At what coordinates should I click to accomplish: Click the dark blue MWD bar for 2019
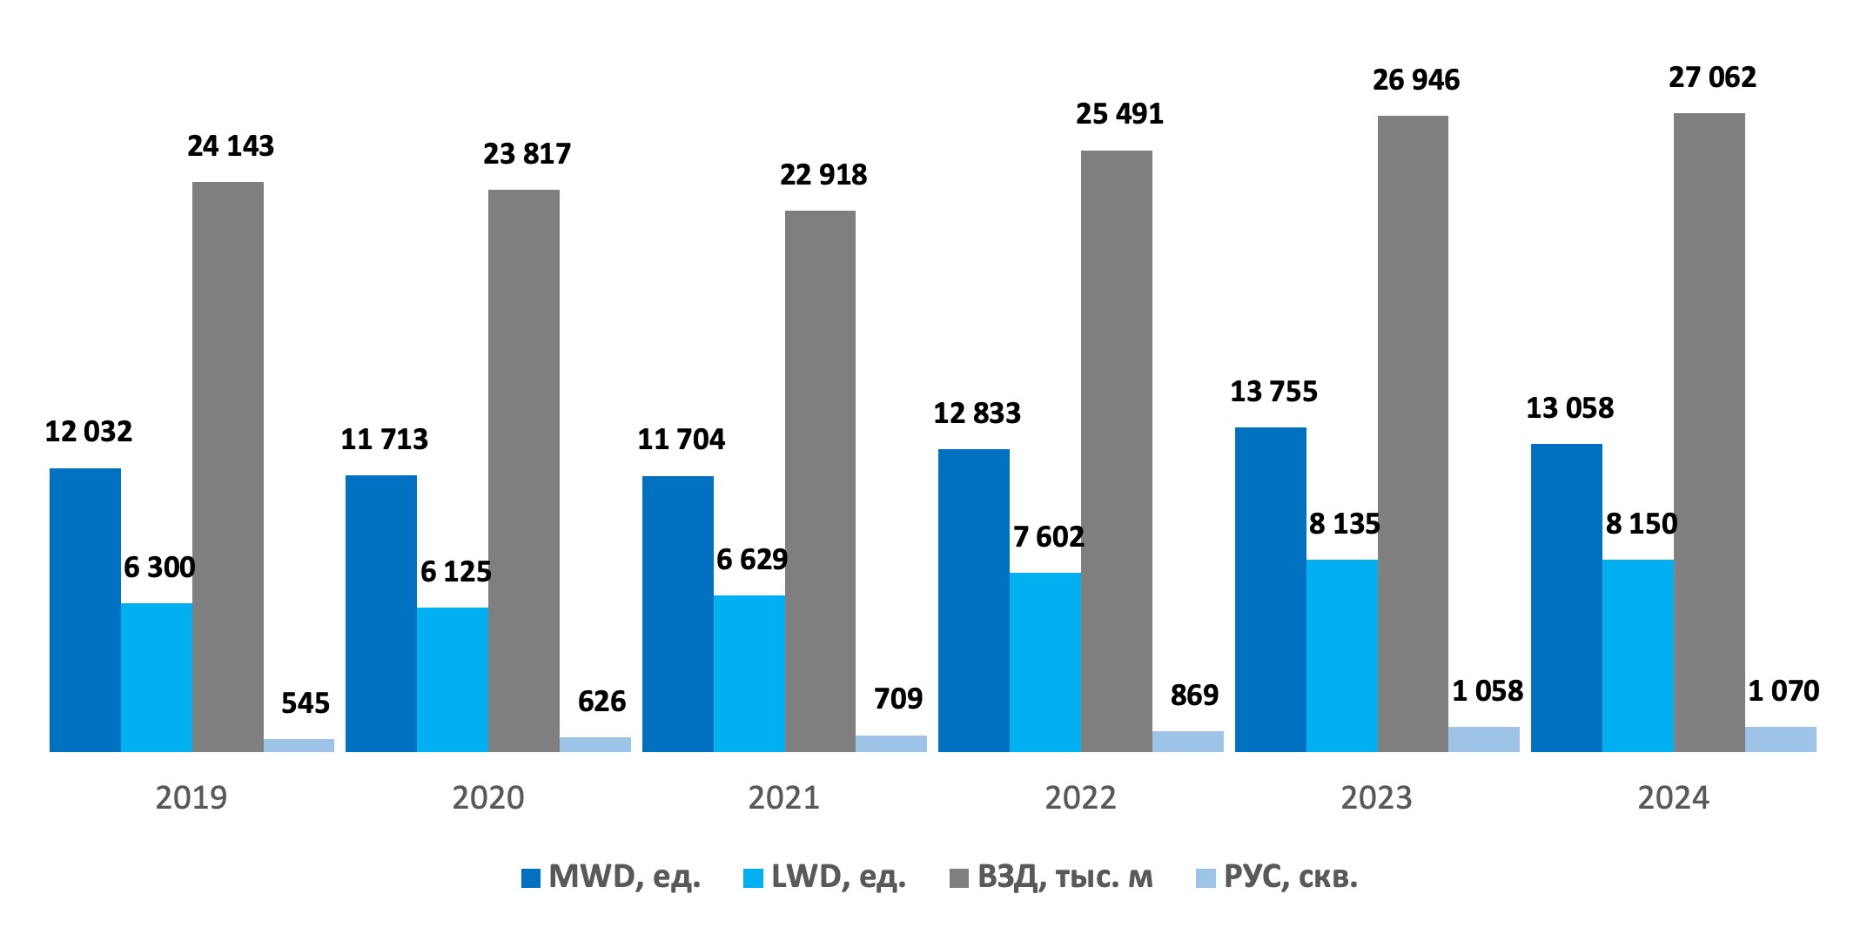[x=85, y=609]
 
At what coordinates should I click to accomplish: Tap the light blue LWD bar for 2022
[x=1044, y=662]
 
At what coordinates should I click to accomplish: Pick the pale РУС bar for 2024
[x=1780, y=739]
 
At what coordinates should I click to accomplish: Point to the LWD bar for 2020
[x=453, y=679]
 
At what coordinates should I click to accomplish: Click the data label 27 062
[x=1712, y=77]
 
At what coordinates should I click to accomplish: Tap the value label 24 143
[x=231, y=146]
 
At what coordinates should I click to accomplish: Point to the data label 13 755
[x=1273, y=392]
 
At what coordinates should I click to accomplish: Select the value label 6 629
[x=751, y=559]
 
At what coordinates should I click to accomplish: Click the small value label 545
[x=306, y=702]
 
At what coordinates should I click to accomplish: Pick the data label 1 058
[x=1488, y=691]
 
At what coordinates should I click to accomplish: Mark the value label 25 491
[x=1119, y=114]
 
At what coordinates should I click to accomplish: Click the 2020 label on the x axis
[x=487, y=797]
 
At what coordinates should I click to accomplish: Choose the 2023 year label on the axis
[x=1376, y=797]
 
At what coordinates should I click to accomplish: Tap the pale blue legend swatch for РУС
[x=1205, y=878]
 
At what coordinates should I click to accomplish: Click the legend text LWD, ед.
[x=838, y=877]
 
